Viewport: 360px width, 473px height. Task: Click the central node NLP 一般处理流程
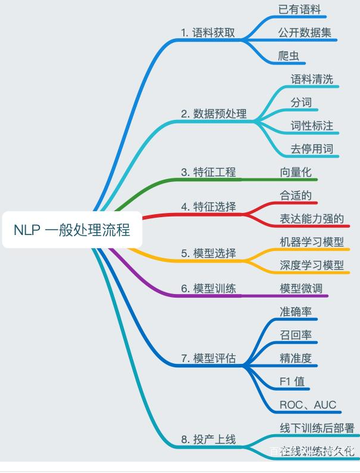click(x=72, y=230)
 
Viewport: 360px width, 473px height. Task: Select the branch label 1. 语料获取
click(x=208, y=33)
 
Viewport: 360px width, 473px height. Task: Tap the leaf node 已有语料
click(x=300, y=10)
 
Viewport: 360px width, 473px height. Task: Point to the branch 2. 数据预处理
click(x=214, y=113)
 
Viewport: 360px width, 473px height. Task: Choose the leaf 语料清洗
click(x=312, y=79)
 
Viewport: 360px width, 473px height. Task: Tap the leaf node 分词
click(x=301, y=103)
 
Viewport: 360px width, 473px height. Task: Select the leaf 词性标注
click(x=312, y=125)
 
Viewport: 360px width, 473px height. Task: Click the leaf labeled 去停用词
click(x=312, y=149)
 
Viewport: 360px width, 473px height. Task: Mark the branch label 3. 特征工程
click(x=208, y=172)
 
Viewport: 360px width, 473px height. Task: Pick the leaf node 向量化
click(x=296, y=172)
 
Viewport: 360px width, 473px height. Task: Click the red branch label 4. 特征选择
click(x=208, y=207)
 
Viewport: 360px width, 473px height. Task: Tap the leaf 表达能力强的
click(x=312, y=218)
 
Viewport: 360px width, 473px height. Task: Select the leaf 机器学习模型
click(x=312, y=242)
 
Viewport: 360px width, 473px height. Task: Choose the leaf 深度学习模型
click(x=312, y=265)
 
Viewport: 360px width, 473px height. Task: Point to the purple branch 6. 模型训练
click(x=208, y=288)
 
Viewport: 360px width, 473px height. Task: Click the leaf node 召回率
click(x=296, y=335)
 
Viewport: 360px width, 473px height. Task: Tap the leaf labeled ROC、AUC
click(x=307, y=404)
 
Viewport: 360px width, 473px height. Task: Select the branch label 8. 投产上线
click(x=208, y=440)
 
